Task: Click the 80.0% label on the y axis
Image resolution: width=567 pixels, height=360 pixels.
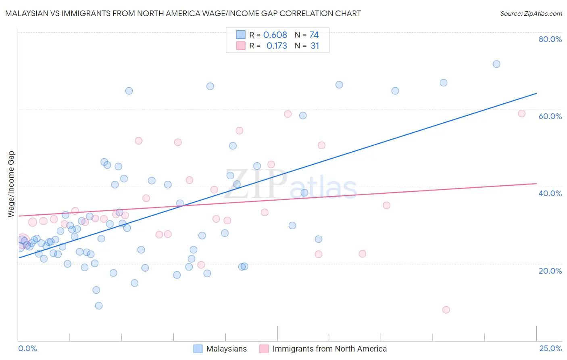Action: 550,39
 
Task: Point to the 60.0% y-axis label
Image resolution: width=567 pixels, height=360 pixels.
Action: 550,116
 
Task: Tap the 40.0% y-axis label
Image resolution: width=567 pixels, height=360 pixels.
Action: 550,193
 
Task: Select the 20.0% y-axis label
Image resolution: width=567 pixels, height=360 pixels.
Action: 550,270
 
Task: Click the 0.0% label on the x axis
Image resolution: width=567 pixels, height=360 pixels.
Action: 27,348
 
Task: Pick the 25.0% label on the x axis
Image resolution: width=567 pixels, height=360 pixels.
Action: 550,348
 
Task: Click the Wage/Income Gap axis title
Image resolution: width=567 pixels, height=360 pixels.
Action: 11,184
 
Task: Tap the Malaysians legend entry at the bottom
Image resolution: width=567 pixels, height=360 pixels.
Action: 226,349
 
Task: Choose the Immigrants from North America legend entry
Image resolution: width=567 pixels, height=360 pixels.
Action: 329,349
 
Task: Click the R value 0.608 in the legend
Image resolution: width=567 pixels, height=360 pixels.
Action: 275,35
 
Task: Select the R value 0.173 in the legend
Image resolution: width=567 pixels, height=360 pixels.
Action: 277,46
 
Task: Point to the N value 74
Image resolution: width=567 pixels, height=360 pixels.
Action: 314,35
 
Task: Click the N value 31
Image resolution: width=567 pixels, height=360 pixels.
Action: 315,46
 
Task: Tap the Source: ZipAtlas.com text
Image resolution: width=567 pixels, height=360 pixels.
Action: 531,13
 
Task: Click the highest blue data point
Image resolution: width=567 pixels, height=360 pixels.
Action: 496,64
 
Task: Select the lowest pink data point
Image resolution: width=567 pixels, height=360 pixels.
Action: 446,310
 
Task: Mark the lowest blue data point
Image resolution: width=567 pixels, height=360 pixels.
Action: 99,306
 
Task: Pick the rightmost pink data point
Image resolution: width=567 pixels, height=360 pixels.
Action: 521,113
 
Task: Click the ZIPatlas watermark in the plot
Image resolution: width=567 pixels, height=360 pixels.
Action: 291,184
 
